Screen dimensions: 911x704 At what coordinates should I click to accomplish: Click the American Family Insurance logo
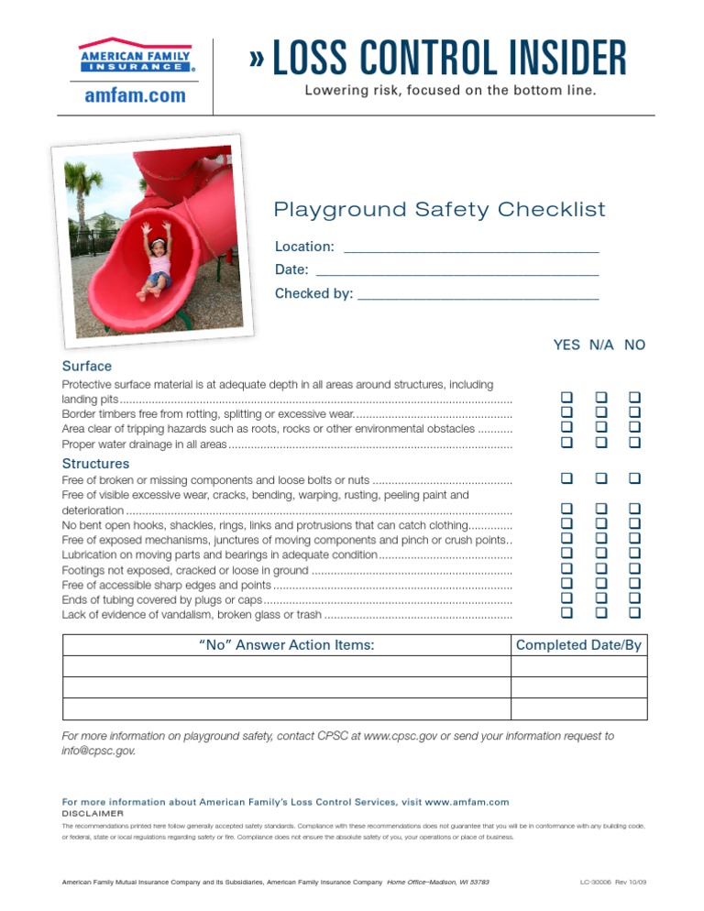[x=135, y=56]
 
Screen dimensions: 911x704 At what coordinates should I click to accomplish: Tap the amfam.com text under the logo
[x=135, y=95]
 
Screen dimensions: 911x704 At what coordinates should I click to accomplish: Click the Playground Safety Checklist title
[x=440, y=210]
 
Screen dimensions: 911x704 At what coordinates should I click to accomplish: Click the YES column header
[x=566, y=346]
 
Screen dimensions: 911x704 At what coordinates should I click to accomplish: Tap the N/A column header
[x=601, y=346]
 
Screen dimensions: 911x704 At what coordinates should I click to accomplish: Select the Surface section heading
[x=86, y=367]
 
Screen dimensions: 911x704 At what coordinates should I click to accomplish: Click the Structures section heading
[x=95, y=464]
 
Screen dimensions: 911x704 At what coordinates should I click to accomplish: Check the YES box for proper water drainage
[x=567, y=443]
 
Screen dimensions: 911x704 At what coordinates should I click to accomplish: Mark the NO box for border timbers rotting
[x=633, y=413]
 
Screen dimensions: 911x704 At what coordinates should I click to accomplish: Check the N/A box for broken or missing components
[x=601, y=478]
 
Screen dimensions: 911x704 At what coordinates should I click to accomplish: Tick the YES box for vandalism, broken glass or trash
[x=567, y=612]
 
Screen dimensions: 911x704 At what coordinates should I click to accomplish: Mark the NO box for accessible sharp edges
[x=633, y=583]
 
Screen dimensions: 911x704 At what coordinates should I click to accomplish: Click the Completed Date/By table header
[x=578, y=645]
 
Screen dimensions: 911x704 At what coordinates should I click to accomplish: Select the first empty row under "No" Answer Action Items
[x=286, y=666]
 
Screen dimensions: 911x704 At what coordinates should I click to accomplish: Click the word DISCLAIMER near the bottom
[x=92, y=813]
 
